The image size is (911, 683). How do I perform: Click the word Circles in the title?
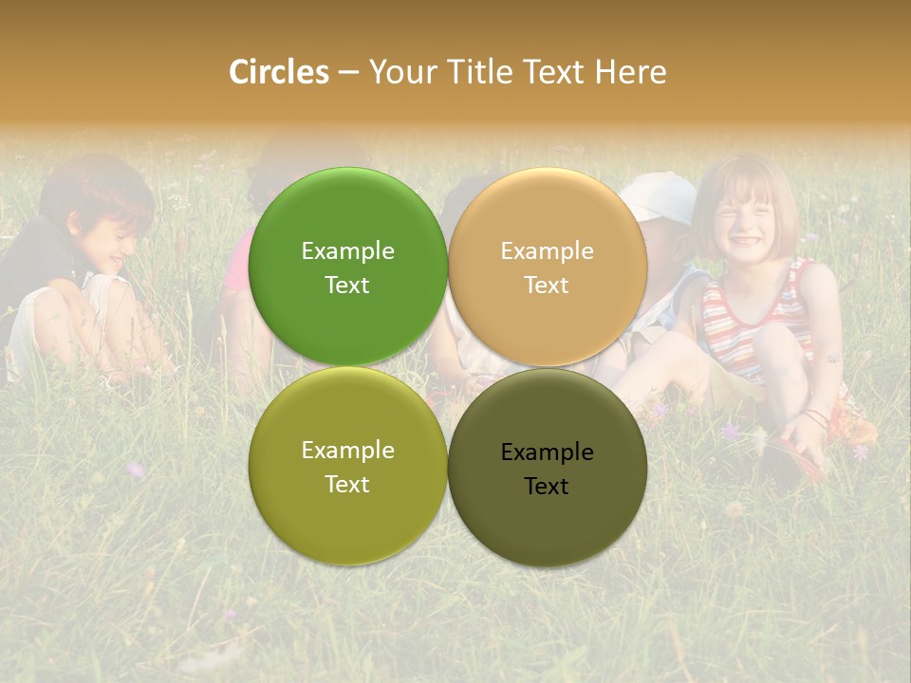click(x=279, y=72)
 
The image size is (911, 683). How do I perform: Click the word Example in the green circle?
click(x=347, y=250)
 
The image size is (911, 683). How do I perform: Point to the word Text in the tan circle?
click(x=547, y=285)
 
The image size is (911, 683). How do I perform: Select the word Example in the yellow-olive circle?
click(x=347, y=450)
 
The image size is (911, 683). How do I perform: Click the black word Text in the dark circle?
click(x=547, y=486)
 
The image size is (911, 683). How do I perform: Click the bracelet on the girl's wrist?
click(x=814, y=417)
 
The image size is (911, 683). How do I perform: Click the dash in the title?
click(x=348, y=72)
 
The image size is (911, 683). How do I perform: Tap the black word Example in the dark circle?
click(x=547, y=452)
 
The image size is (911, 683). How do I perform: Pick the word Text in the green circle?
click(x=347, y=285)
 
